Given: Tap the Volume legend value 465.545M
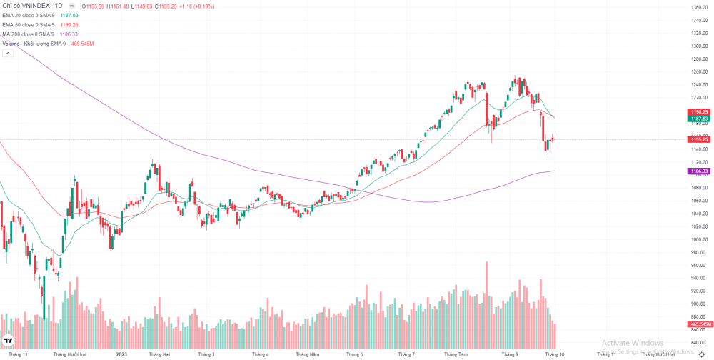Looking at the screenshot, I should click(x=83, y=44).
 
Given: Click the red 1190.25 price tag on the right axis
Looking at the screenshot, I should click(x=698, y=112).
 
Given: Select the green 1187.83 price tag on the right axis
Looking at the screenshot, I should click(x=698, y=119).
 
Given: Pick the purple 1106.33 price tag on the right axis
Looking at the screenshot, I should click(x=698, y=171).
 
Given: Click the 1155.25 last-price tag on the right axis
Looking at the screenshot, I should click(x=698, y=139).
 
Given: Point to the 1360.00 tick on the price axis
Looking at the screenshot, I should click(x=698, y=7).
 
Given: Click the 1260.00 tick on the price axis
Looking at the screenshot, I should click(x=698, y=71).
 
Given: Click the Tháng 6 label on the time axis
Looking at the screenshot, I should click(x=354, y=354).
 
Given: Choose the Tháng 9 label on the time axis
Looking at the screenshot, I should click(x=510, y=354).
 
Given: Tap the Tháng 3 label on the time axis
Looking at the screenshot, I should click(x=206, y=354).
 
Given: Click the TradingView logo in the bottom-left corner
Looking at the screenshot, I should click(x=9, y=341).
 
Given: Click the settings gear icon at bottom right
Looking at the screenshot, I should click(x=701, y=354).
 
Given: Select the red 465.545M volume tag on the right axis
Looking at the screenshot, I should click(x=698, y=324).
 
